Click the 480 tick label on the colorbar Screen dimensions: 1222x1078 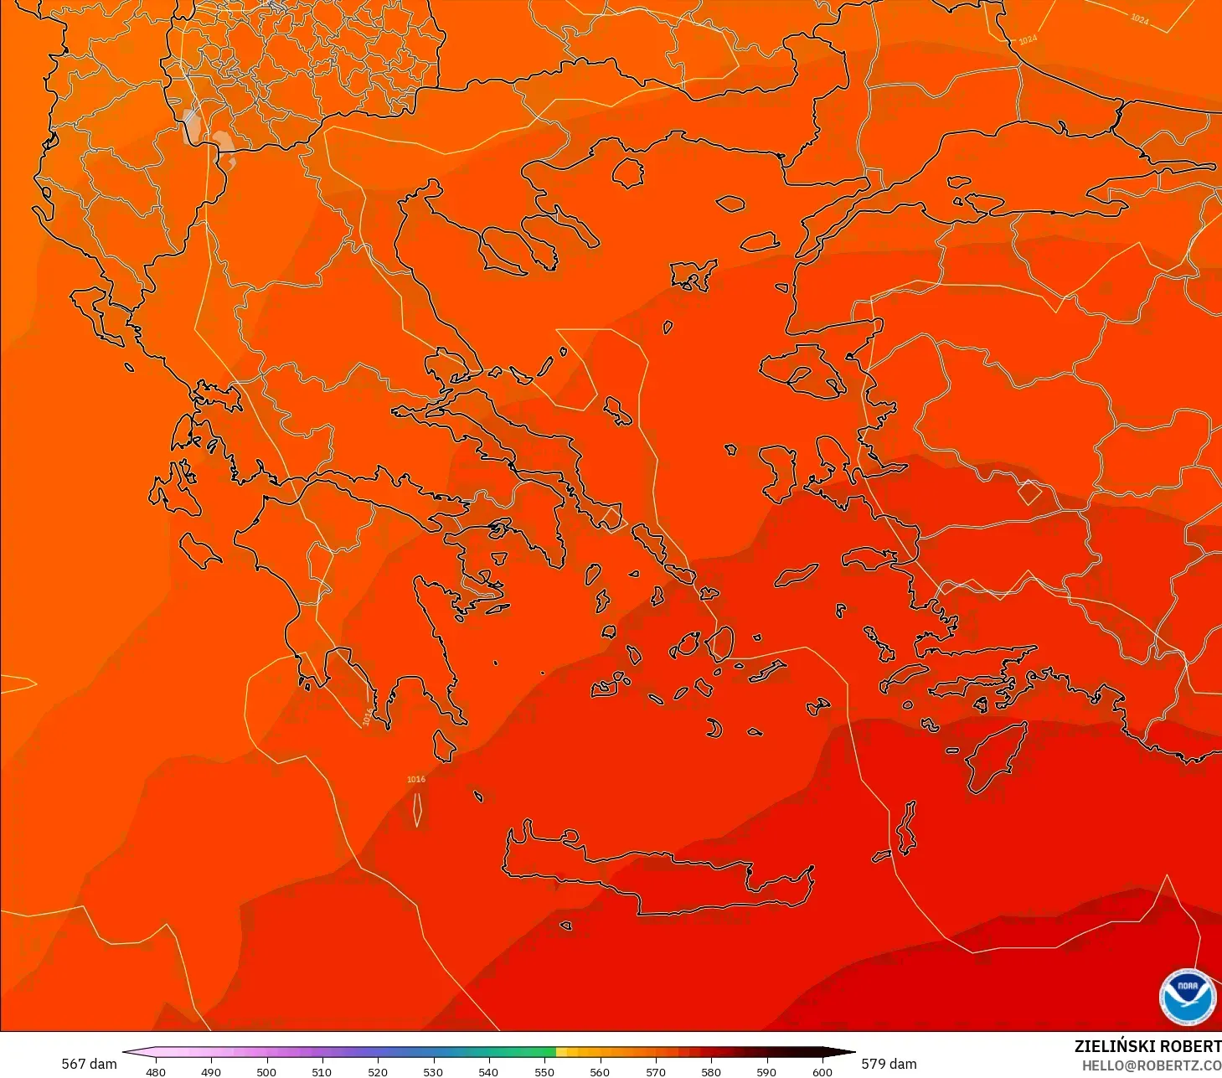click(156, 1071)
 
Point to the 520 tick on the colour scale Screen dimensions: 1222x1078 click(378, 1071)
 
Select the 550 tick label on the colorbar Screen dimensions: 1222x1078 click(544, 1071)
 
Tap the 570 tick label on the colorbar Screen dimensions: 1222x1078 click(656, 1071)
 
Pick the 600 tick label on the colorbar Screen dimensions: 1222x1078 click(822, 1071)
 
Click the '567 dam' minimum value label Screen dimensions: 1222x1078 click(89, 1064)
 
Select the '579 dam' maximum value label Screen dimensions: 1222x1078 click(889, 1064)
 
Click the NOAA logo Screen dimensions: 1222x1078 click(1187, 997)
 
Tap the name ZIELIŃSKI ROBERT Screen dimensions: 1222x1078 click(1147, 1046)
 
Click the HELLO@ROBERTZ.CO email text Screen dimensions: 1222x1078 click(1152, 1065)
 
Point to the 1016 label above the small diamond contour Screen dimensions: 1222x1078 click(416, 779)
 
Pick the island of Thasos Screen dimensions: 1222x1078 click(628, 173)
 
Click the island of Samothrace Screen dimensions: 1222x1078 click(730, 203)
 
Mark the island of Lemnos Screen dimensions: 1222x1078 click(692, 275)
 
